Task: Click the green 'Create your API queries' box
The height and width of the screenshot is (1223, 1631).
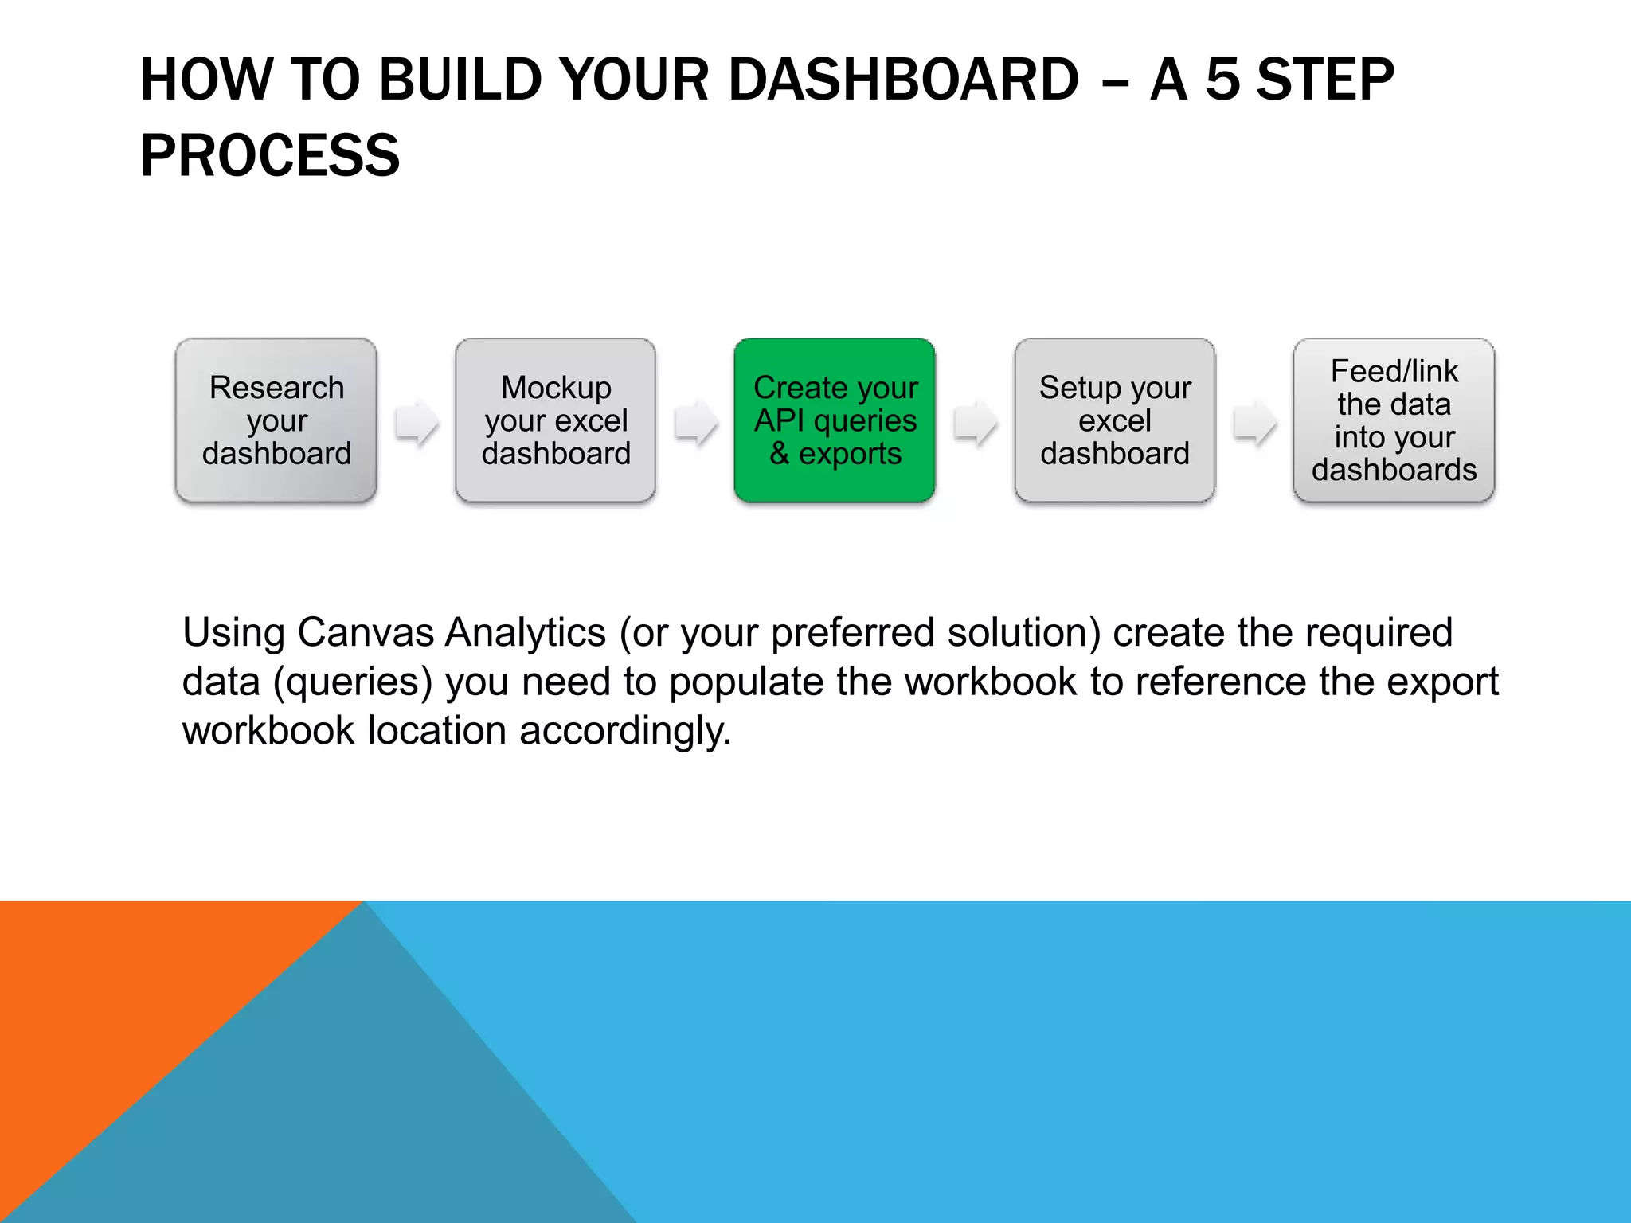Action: tap(835, 420)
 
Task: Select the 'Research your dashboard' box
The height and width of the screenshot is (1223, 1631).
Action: tap(276, 420)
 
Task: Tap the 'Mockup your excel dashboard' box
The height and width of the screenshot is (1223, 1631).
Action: tap(555, 420)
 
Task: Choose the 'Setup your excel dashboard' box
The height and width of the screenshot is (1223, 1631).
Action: tap(1114, 420)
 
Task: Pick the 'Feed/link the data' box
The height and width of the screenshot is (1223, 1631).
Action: tap(1394, 420)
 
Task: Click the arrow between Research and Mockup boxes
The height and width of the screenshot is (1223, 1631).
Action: tap(417, 422)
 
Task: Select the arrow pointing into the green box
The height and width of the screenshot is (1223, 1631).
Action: tap(695, 422)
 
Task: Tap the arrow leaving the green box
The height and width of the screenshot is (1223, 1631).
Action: tap(975, 422)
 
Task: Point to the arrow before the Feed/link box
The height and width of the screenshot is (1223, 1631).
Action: tap(1254, 422)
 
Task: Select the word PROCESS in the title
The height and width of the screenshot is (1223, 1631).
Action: tap(270, 155)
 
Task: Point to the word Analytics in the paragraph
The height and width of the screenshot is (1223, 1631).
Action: tap(526, 633)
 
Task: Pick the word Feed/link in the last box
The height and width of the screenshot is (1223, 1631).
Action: tap(1394, 371)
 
